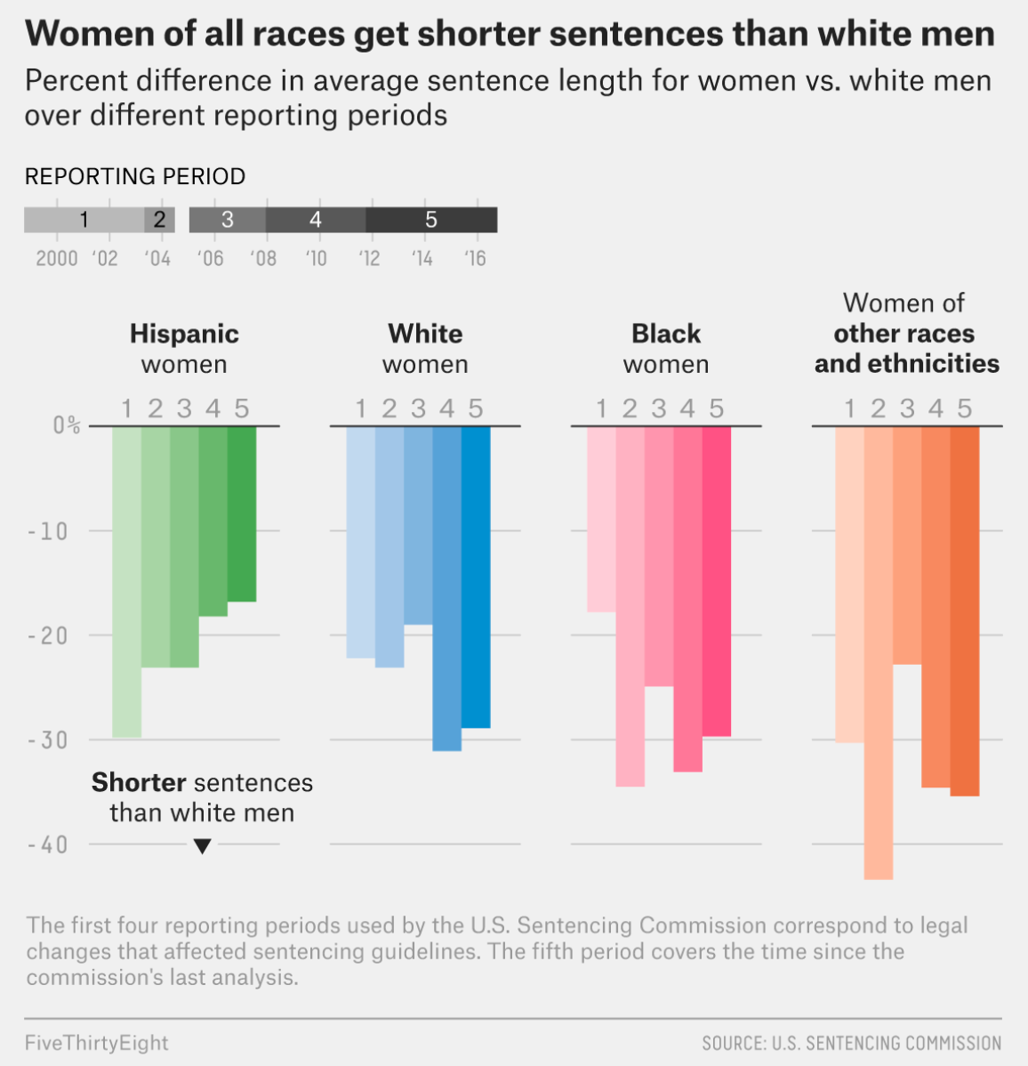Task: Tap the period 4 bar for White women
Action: (447, 588)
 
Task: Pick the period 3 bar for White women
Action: (418, 525)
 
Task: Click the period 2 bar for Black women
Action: (630, 606)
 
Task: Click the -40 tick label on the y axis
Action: (48, 844)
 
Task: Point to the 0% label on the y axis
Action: (66, 425)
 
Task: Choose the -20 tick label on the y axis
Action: (48, 635)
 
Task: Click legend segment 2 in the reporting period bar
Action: (160, 220)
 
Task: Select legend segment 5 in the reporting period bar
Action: (431, 220)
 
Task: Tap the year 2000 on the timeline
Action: (57, 258)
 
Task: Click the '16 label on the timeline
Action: (475, 258)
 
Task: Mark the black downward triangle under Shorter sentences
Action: (202, 846)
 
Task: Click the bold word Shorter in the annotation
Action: (139, 782)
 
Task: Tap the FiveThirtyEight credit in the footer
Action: (97, 1043)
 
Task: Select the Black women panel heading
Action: (666, 348)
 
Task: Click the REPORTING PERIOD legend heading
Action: (135, 176)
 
